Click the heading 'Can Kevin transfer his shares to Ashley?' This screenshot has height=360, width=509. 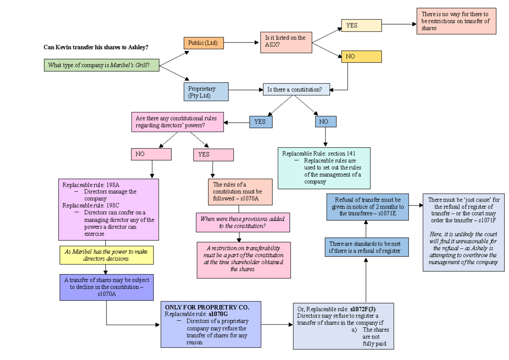[x=96, y=47]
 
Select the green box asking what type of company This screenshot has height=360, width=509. [x=101, y=65]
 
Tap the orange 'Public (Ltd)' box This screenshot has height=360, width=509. [x=203, y=43]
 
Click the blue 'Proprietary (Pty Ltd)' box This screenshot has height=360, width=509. [x=206, y=92]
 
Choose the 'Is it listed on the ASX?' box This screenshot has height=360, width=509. [x=285, y=41]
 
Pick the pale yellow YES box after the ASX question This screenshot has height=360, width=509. [x=361, y=25]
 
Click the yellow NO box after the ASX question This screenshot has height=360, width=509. [x=361, y=56]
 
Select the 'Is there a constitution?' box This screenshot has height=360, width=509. [x=296, y=90]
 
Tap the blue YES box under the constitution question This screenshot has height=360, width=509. [x=260, y=122]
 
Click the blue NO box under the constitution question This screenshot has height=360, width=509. [x=325, y=122]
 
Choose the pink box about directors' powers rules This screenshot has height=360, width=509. [x=177, y=122]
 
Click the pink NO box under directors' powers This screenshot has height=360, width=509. [x=151, y=154]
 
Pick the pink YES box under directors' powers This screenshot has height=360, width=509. [x=213, y=155]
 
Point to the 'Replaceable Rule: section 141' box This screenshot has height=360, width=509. [x=324, y=168]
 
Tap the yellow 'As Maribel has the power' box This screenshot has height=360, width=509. [x=106, y=255]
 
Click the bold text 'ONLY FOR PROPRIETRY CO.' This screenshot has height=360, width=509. [x=207, y=307]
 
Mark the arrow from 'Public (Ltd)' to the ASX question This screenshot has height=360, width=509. [x=241, y=42]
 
